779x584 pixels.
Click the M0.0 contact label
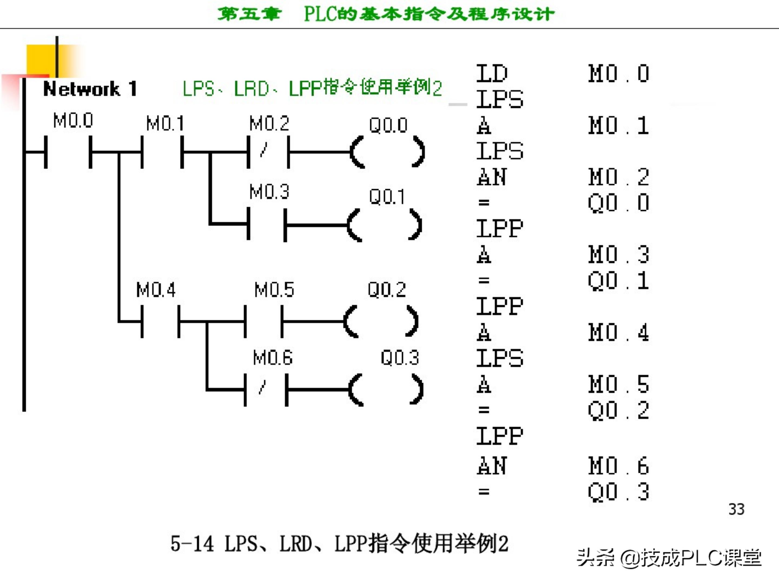(x=73, y=120)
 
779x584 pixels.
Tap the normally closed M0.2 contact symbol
(x=269, y=152)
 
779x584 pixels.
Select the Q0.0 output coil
(x=387, y=152)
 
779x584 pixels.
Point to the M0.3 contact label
(x=269, y=192)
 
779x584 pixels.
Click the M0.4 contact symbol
(x=160, y=321)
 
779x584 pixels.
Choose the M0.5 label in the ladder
(x=274, y=290)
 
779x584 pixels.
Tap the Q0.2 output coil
(x=381, y=321)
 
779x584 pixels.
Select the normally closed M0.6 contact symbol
(x=266, y=390)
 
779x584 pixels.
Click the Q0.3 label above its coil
(x=400, y=358)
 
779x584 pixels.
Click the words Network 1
(x=90, y=89)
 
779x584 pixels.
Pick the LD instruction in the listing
(x=492, y=74)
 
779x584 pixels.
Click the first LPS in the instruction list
(x=499, y=99)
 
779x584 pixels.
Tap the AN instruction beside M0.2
(x=492, y=177)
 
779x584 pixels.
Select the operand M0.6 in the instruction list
(x=618, y=466)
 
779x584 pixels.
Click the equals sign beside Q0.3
(x=484, y=492)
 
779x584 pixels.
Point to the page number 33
(x=736, y=509)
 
